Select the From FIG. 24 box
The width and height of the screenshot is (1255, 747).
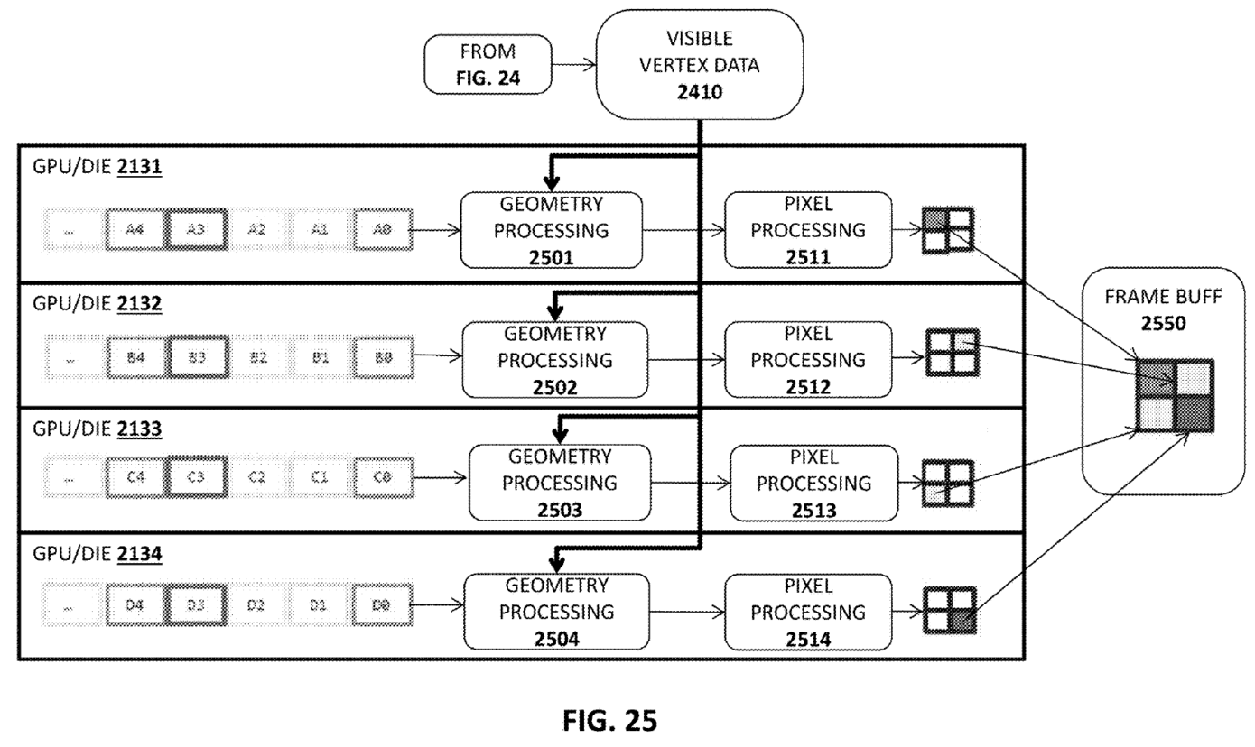coord(488,64)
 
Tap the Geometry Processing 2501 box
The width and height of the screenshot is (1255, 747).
coord(551,230)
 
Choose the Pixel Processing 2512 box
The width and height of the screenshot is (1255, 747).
coord(808,359)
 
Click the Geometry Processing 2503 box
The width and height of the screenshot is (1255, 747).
coord(559,483)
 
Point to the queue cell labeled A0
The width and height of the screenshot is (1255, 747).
coord(383,230)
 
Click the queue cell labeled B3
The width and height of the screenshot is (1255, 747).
coord(196,357)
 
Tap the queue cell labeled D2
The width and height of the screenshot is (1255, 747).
coord(256,604)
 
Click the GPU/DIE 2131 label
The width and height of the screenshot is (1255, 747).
coord(97,169)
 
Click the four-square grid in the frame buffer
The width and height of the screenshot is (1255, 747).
coord(1175,396)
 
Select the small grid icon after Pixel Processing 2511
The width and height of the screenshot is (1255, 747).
coord(947,230)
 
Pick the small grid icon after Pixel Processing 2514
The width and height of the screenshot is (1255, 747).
coord(949,610)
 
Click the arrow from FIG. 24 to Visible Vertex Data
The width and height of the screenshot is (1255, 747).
coord(573,64)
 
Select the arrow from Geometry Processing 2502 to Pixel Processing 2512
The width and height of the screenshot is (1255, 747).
coord(686,359)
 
